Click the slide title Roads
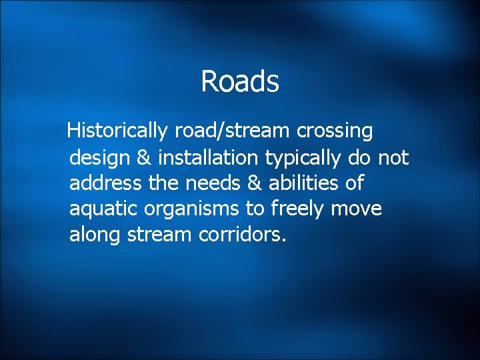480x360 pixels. click(239, 82)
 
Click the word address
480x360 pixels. click(100, 183)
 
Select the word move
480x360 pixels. click(357, 209)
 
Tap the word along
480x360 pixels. click(93, 235)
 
